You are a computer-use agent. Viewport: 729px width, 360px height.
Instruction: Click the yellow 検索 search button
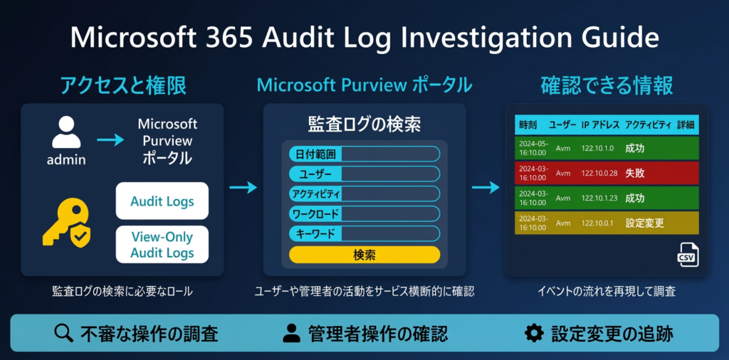(364, 255)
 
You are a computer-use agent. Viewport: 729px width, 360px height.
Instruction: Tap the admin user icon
(66, 134)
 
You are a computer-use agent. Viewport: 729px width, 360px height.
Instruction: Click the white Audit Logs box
(162, 201)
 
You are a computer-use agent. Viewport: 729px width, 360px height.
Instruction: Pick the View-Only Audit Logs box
(162, 244)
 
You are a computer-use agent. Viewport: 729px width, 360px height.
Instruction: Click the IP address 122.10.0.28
(599, 173)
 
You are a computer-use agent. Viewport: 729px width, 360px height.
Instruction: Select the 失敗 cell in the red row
(635, 173)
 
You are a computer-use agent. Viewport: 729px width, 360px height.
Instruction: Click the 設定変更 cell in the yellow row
(644, 223)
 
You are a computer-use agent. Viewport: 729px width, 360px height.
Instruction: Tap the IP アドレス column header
(600, 125)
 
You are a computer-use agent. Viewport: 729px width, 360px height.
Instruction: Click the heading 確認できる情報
(607, 86)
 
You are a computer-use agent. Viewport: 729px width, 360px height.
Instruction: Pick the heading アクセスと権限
(123, 86)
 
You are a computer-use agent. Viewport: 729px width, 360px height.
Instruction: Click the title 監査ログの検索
(364, 125)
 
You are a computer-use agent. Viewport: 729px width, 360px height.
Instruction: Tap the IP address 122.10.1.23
(599, 198)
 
